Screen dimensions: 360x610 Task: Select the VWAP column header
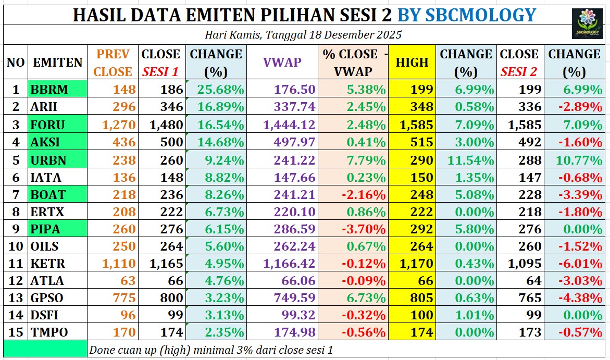pos(282,62)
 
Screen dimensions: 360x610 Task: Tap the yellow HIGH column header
pos(412,62)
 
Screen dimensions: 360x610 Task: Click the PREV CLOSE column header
pos(113,62)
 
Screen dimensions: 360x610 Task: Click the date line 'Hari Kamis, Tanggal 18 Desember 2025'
pos(303,35)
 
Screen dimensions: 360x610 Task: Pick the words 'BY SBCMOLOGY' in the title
pos(466,15)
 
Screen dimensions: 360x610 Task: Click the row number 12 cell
pos(16,281)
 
